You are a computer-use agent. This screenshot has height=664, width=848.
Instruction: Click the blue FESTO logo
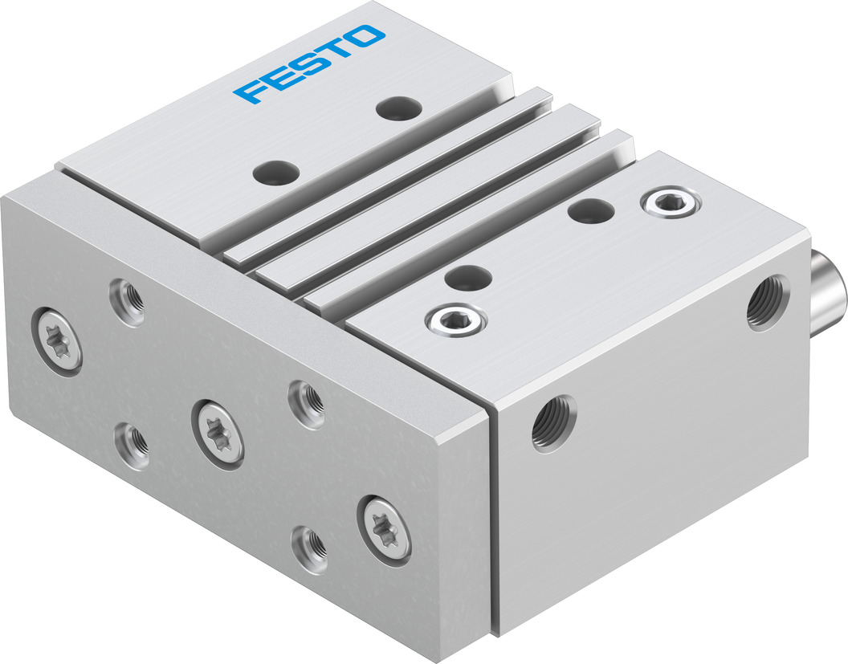point(309,63)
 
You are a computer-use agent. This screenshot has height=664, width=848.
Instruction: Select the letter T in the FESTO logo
point(337,50)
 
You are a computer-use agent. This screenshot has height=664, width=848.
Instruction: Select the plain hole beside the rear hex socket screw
point(591,211)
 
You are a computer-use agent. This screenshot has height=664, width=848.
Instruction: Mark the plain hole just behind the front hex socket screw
point(468,279)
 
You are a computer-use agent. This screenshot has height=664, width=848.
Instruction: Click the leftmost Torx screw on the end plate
point(56,340)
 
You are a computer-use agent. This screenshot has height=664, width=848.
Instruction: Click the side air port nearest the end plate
point(554,422)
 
